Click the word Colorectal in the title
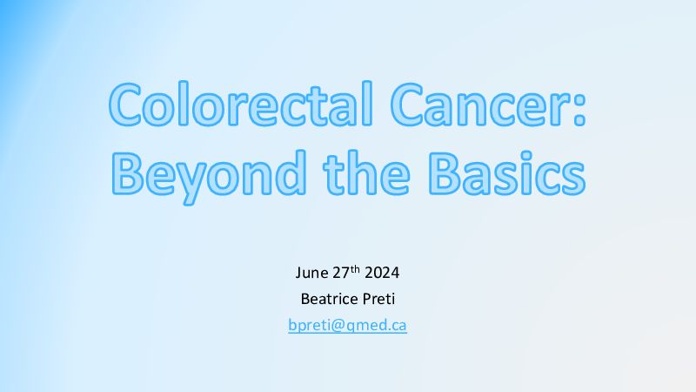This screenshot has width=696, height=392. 240,104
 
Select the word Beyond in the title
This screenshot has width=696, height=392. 208,177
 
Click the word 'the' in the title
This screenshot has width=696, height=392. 366,172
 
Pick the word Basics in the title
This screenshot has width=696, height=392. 506,172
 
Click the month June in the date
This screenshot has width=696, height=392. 312,273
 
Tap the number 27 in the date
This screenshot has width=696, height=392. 341,273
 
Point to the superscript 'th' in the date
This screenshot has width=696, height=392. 355,269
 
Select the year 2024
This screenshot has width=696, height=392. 382,273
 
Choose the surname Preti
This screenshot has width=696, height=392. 378,299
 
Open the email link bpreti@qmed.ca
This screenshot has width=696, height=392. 347,325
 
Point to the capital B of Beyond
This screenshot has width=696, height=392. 127,172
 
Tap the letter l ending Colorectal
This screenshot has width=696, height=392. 367,104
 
